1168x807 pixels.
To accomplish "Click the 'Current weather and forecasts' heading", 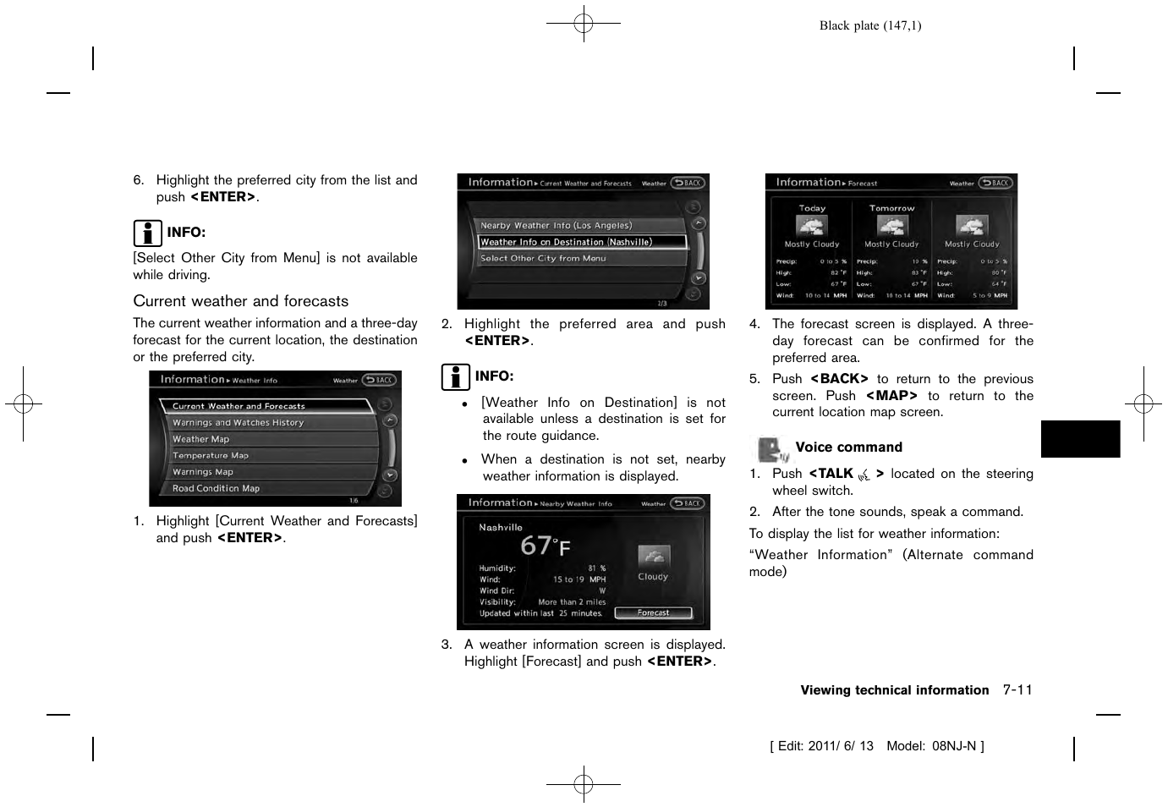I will pyautogui.click(x=240, y=301).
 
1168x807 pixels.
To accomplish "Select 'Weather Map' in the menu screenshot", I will pyautogui.click(x=201, y=439).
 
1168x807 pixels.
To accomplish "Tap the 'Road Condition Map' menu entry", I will pyautogui.click(x=216, y=488).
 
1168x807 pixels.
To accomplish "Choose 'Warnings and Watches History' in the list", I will pyautogui.click(x=238, y=422).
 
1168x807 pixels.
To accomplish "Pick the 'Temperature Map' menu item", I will pyautogui.click(x=211, y=455).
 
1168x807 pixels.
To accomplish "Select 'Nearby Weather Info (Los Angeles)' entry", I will pyautogui.click(x=556, y=226).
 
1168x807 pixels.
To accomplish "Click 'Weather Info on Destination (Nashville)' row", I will pyautogui.click(x=567, y=242).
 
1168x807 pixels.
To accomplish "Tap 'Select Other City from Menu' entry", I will pyautogui.click(x=543, y=259).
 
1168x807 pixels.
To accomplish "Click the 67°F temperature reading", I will pyautogui.click(x=545, y=546).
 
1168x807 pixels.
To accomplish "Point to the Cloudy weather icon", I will pyautogui.click(x=653, y=557).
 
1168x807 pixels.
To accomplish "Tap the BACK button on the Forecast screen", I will pyautogui.click(x=996, y=183).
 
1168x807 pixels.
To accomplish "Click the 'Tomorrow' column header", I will pyautogui.click(x=891, y=208).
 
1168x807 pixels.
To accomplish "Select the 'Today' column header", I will pyautogui.click(x=812, y=208).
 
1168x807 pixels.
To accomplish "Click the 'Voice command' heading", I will pyautogui.click(x=848, y=447).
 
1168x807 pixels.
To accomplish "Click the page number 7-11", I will pyautogui.click(x=1017, y=690).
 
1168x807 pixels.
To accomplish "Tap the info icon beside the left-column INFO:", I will pyautogui.click(x=147, y=233).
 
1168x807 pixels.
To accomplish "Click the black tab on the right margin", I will pyautogui.click(x=1080, y=439).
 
